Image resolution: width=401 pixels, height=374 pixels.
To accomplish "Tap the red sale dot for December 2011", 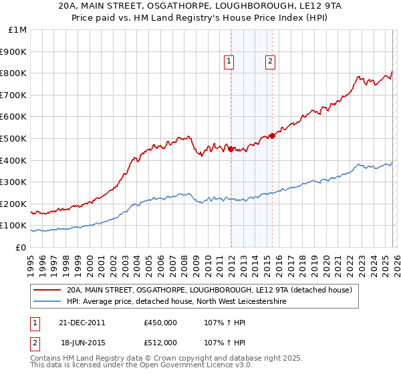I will pyautogui.click(x=231, y=149).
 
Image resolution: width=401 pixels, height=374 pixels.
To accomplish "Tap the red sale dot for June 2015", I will pyautogui.click(x=273, y=136).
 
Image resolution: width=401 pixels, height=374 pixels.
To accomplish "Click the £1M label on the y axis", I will pyautogui.click(x=18, y=30).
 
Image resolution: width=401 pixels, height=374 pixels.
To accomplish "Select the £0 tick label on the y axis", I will pyautogui.click(x=21, y=247).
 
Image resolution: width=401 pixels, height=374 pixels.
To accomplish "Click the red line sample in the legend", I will pyautogui.click(x=47, y=291).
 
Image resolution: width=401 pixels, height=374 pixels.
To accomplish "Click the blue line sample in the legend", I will pyautogui.click(x=47, y=302).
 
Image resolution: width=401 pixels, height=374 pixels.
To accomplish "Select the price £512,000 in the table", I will pyautogui.click(x=160, y=343).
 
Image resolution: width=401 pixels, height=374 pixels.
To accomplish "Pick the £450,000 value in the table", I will pyautogui.click(x=160, y=322).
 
